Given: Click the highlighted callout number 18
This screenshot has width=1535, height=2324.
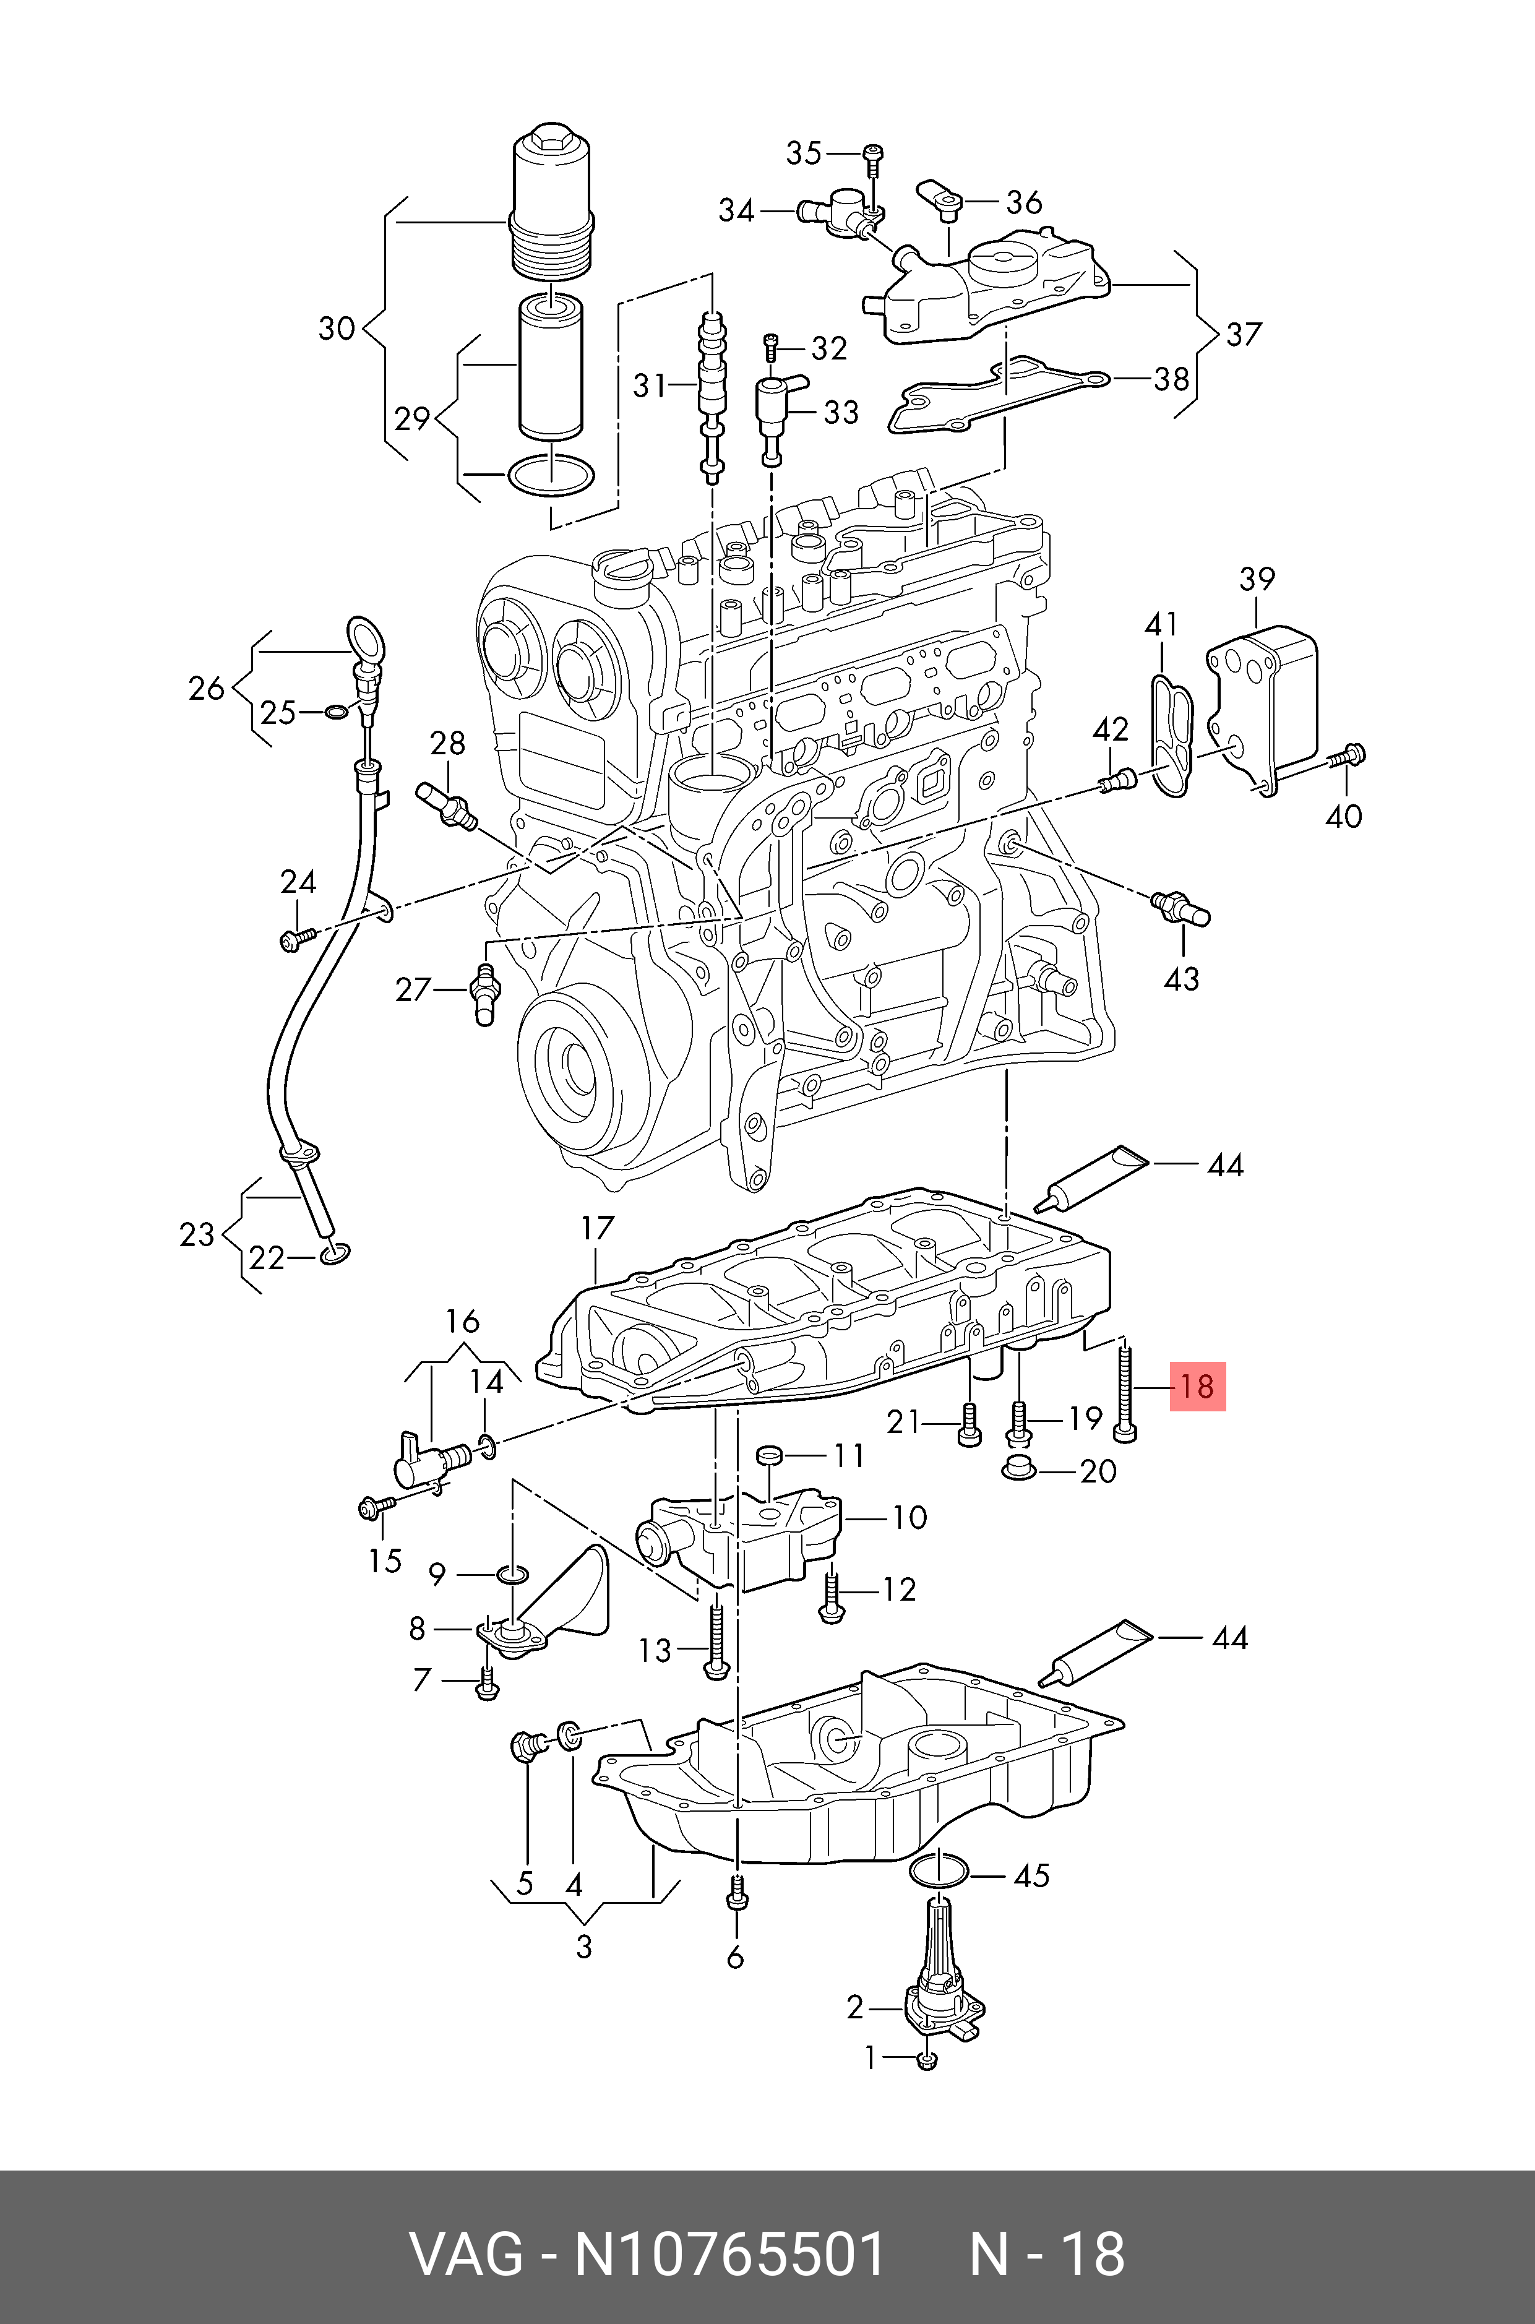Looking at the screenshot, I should pyautogui.click(x=1197, y=1386).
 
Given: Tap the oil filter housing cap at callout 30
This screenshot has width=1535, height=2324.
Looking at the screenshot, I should pyautogui.click(x=551, y=200).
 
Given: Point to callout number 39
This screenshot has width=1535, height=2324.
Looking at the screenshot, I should pyautogui.click(x=1257, y=580).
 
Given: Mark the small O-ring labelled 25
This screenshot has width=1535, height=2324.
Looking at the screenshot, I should pyautogui.click(x=334, y=711).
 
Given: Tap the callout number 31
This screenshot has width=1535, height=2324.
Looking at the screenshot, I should pyautogui.click(x=649, y=385).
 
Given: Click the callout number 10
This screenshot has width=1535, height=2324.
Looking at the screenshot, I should pyautogui.click(x=909, y=1517).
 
